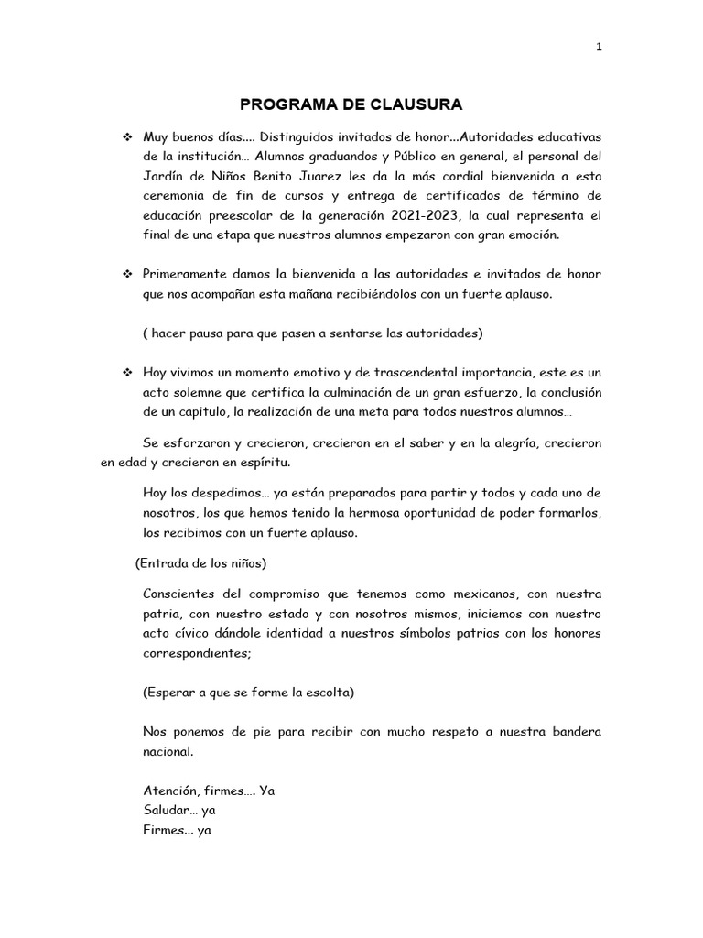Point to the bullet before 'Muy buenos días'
[127, 136]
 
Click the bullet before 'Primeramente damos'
[127, 275]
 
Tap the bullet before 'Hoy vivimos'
[127, 373]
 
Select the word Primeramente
[185, 275]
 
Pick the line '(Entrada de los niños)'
[200, 562]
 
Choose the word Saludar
[166, 811]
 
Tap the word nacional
[168, 752]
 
